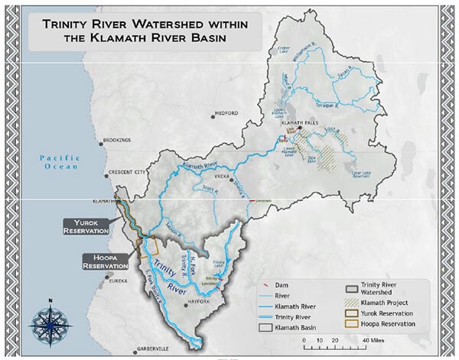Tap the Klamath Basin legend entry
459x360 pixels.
[x=298, y=325]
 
